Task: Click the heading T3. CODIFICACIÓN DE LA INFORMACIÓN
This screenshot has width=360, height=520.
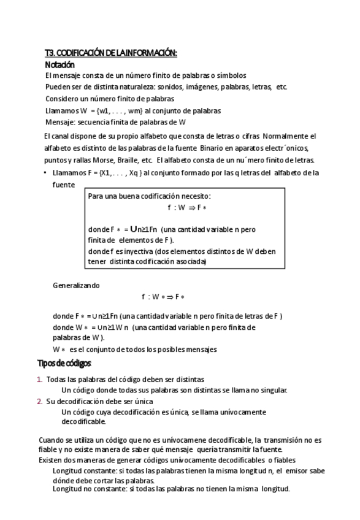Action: click(x=111, y=53)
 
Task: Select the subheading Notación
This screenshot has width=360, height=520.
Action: click(x=59, y=64)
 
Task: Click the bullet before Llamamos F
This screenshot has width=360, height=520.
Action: click(x=45, y=173)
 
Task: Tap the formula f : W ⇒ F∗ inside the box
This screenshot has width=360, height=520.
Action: click(x=185, y=208)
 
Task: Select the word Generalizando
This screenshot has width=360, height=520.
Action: click(x=76, y=285)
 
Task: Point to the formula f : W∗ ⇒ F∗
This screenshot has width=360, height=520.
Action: click(x=163, y=297)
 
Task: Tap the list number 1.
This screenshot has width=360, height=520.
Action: click(x=39, y=380)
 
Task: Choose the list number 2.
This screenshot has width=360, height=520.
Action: click(x=39, y=402)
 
